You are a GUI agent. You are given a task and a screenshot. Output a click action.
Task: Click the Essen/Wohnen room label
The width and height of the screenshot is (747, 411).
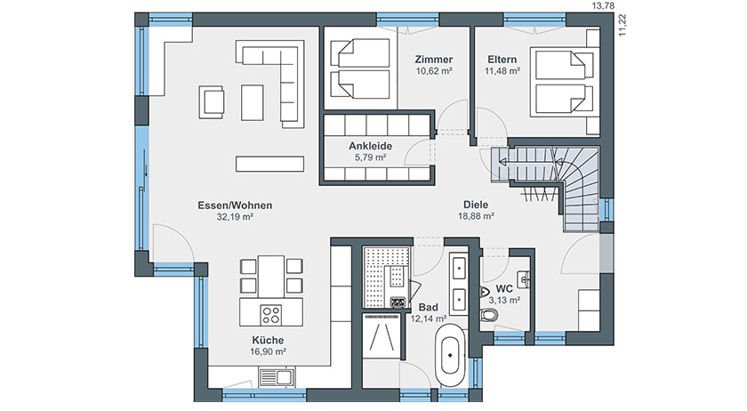tap(235, 205)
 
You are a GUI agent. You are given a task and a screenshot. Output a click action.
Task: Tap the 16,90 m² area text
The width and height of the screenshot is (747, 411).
tap(268, 352)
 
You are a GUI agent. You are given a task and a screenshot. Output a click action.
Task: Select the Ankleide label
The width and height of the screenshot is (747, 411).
tap(370, 147)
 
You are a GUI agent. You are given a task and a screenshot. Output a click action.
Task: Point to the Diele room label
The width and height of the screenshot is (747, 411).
tap(476, 205)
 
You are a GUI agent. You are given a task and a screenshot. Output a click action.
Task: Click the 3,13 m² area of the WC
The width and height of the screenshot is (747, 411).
tap(504, 301)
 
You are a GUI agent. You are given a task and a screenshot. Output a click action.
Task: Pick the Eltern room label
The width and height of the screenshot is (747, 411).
tap(502, 60)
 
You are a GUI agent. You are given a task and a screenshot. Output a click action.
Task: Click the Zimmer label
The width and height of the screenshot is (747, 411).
tap(434, 60)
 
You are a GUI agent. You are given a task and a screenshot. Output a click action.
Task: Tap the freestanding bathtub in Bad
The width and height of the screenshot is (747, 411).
tap(451, 355)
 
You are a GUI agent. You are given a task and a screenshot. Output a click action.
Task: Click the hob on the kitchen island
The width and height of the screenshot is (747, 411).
tap(270, 315)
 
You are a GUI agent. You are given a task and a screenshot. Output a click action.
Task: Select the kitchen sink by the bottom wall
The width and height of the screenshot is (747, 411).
tap(277, 376)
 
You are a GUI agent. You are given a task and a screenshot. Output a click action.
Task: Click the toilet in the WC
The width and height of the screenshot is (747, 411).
tap(489, 315)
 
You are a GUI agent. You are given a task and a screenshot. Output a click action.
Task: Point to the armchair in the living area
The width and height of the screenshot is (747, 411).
tap(212, 102)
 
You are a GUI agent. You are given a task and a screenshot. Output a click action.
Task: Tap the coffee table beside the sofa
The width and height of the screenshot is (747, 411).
tap(252, 102)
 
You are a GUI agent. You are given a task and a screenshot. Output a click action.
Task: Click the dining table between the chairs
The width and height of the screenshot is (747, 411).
tap(271, 277)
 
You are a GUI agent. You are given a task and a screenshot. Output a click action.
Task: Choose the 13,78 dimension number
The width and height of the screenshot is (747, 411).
tap(603, 5)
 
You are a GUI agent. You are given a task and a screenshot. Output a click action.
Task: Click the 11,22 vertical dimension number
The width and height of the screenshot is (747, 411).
tap(622, 25)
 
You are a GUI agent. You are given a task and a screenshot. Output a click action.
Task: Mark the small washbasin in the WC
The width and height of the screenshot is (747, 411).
tap(525, 279)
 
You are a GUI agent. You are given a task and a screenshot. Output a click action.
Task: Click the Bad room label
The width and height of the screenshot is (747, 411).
tap(429, 308)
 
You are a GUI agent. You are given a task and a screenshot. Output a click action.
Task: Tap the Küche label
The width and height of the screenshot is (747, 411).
tap(268, 341)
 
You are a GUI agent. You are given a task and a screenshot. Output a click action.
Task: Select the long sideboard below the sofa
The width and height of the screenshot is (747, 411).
tap(269, 164)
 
